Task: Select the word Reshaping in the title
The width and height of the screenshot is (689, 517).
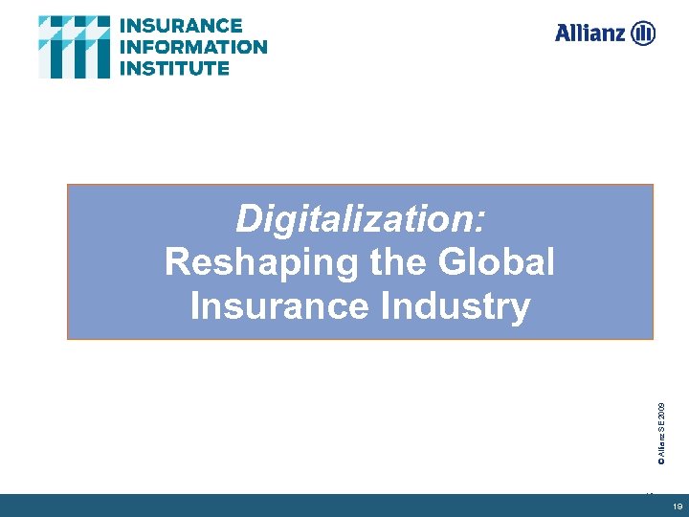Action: coord(252,262)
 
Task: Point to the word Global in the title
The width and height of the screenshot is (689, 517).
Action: coord(497,262)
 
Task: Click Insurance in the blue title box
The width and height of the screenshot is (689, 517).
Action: coord(273,306)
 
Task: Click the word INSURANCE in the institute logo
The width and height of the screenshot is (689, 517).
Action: coord(181,26)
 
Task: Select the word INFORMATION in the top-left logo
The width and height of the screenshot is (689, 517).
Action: coord(192,47)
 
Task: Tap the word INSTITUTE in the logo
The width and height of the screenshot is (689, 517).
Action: coord(174,68)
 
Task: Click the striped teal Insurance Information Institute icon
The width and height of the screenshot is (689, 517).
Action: coord(75,47)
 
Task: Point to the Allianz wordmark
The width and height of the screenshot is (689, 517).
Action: coord(589,34)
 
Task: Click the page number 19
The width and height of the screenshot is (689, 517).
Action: coord(677,506)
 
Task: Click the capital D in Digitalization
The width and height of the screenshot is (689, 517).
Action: coord(248,219)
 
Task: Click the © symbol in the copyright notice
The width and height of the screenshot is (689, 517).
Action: coord(659,460)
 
